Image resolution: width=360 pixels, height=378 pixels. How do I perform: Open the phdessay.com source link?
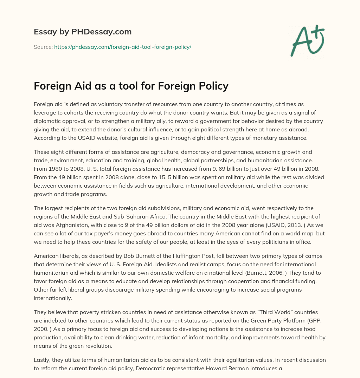click(x=122, y=47)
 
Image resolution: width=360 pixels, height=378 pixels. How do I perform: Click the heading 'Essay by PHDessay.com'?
click(x=83, y=32)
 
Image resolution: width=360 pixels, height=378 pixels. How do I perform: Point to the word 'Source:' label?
click(x=43, y=47)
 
